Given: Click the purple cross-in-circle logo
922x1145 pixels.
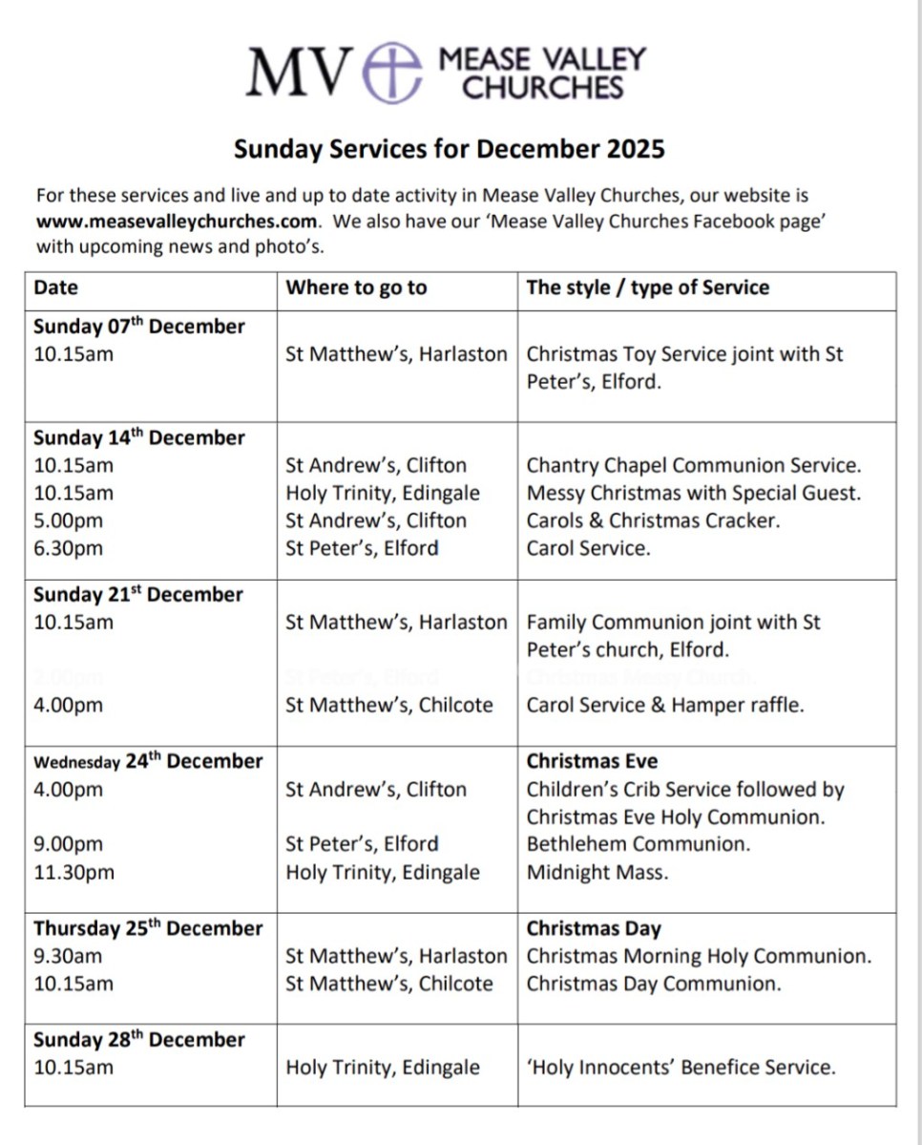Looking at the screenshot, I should [x=393, y=73].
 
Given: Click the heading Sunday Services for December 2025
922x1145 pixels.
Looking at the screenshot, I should [x=449, y=149].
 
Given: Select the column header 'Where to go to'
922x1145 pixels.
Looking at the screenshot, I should [x=356, y=287].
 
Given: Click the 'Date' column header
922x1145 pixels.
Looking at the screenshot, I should [x=56, y=287].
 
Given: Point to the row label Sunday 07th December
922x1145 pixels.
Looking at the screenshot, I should [x=139, y=327].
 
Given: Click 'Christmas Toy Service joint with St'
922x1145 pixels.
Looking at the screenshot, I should [x=684, y=354].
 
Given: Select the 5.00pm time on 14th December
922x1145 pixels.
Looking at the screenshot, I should [x=69, y=521].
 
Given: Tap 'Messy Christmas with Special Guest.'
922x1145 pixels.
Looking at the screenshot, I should [x=693, y=494].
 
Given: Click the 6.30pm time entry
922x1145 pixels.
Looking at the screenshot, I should [x=69, y=549].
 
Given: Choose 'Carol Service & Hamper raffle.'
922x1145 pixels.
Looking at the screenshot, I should [x=665, y=706].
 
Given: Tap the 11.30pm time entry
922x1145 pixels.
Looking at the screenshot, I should [x=73, y=873].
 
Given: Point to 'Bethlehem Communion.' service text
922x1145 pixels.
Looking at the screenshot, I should [x=638, y=845].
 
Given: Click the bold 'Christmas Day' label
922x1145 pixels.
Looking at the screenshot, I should [x=593, y=929].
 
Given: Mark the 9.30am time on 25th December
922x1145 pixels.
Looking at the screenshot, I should [x=69, y=957].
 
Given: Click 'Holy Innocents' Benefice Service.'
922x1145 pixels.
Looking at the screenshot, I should [x=681, y=1068].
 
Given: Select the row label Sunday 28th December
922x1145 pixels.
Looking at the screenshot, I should [x=139, y=1040].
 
